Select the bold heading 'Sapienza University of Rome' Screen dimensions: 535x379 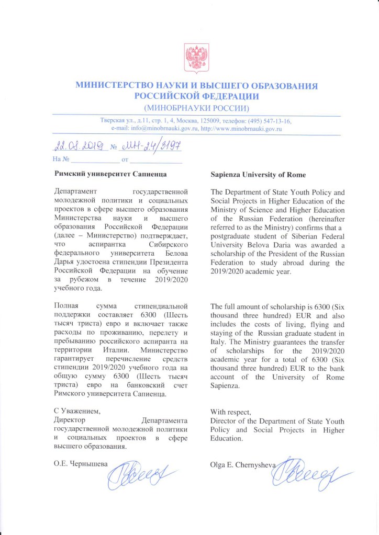(x=258, y=174)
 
